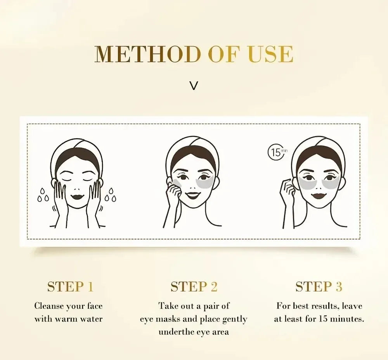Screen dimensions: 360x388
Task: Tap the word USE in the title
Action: tap(271, 54)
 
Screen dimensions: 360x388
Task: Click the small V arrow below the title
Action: tap(194, 86)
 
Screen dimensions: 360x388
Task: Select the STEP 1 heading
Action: tap(70, 287)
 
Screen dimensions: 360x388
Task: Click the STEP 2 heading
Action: tap(194, 287)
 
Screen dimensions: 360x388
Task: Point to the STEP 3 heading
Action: tap(319, 287)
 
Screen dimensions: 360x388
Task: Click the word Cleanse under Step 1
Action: tap(49, 306)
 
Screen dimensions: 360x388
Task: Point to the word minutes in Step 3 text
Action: tap(345, 319)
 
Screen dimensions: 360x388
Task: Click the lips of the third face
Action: tap(319, 193)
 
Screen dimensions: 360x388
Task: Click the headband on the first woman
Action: tap(78, 149)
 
